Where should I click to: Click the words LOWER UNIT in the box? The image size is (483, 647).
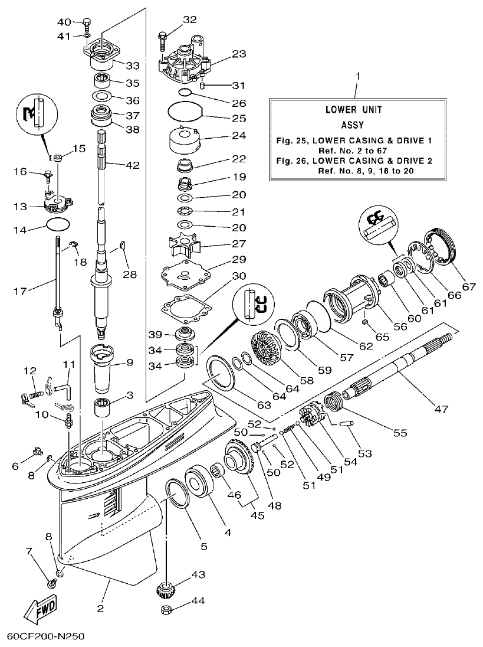353,110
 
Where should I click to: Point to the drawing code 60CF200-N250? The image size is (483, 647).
46,637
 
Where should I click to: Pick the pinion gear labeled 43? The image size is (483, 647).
169,589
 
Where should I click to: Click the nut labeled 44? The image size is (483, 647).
167,609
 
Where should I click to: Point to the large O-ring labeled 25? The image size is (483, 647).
184,110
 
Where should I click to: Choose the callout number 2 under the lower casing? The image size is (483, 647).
100,608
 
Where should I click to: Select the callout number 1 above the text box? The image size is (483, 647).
357,77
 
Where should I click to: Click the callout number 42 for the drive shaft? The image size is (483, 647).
132,165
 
